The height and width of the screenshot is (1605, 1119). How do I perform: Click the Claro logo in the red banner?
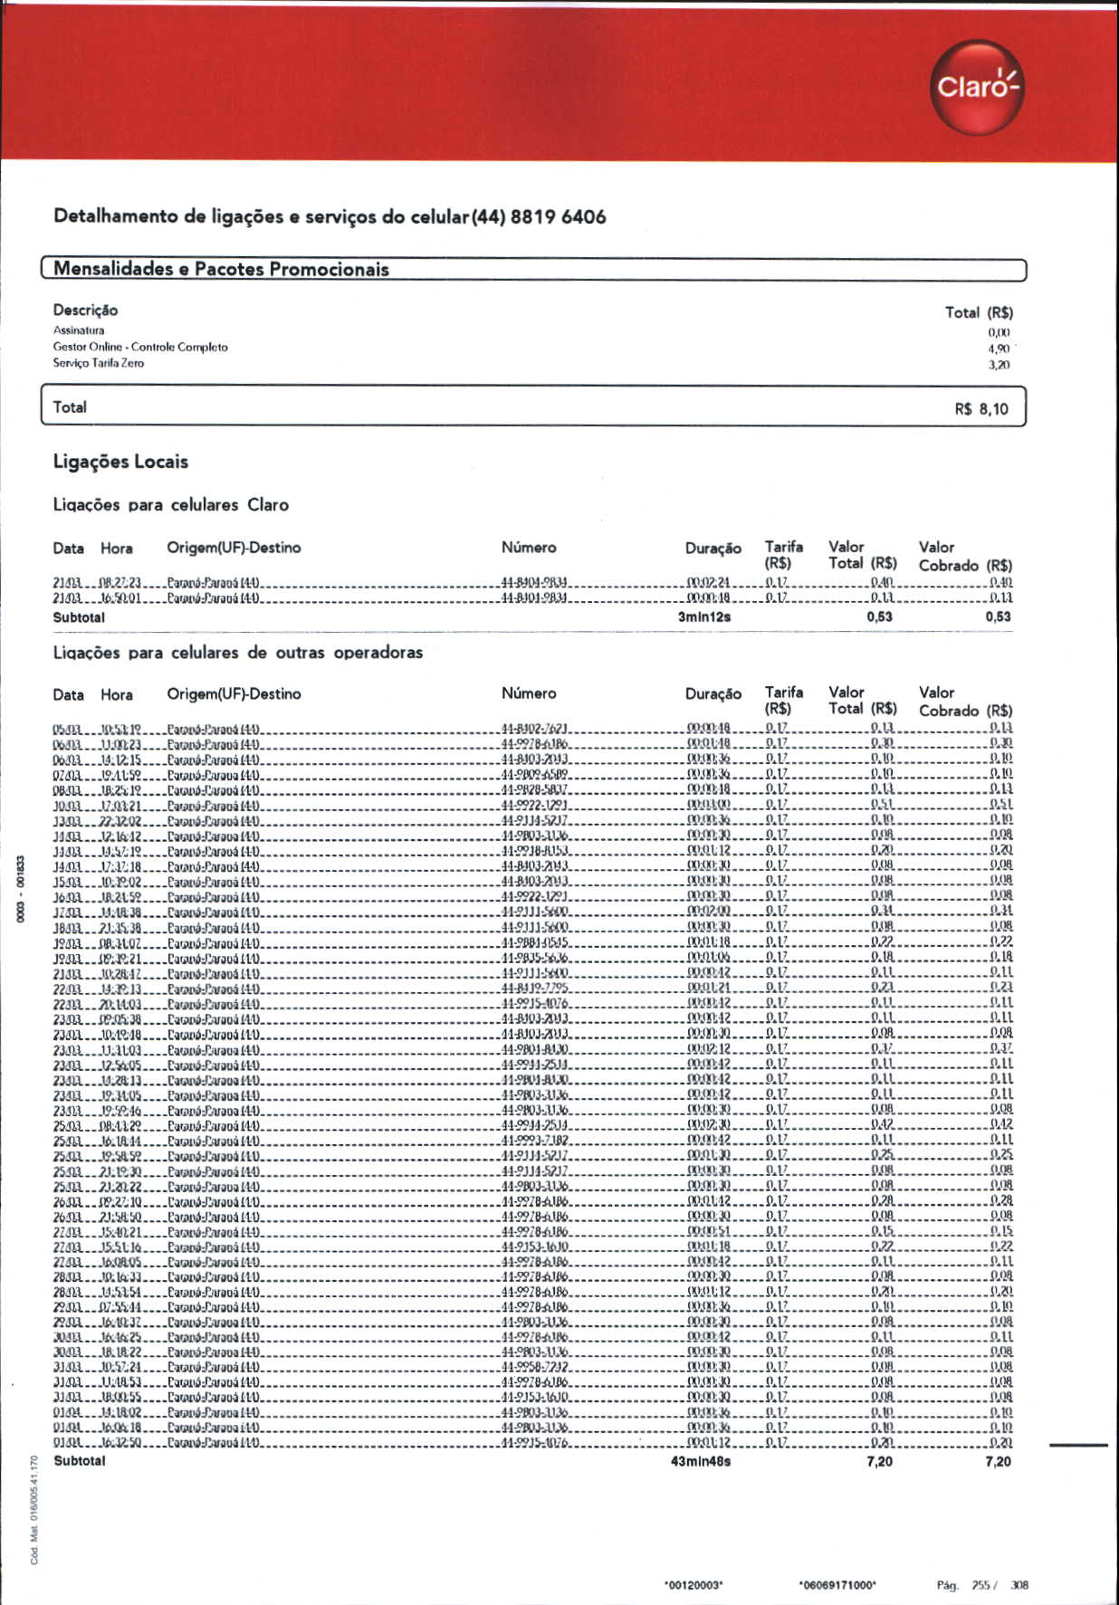pyautogui.click(x=977, y=87)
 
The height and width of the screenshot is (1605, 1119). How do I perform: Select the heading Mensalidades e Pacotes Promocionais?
pyautogui.click(x=221, y=269)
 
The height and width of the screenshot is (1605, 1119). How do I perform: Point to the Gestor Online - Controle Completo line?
pyautogui.click(x=140, y=347)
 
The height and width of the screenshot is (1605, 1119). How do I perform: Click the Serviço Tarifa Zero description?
pyautogui.click(x=98, y=363)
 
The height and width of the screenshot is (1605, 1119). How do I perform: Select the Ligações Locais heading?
pyautogui.click(x=120, y=462)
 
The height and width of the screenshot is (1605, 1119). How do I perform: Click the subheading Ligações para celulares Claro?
pyautogui.click(x=171, y=505)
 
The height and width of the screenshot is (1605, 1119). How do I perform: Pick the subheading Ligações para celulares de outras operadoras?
pyautogui.click(x=238, y=653)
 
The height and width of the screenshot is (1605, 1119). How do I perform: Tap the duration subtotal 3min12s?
pyautogui.click(x=703, y=617)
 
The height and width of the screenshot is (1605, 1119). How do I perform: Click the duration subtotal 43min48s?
pyautogui.click(x=700, y=1461)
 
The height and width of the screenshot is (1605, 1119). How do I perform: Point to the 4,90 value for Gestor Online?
pyautogui.click(x=999, y=349)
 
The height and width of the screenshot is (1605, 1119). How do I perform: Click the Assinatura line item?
pyautogui.click(x=79, y=330)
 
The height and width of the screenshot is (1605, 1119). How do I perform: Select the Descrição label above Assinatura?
pyautogui.click(x=85, y=310)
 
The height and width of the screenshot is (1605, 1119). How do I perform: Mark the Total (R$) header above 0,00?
pyautogui.click(x=978, y=312)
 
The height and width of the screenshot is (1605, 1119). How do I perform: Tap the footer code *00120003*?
pyautogui.click(x=693, y=1585)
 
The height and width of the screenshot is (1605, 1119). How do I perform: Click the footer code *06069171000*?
pyautogui.click(x=837, y=1585)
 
